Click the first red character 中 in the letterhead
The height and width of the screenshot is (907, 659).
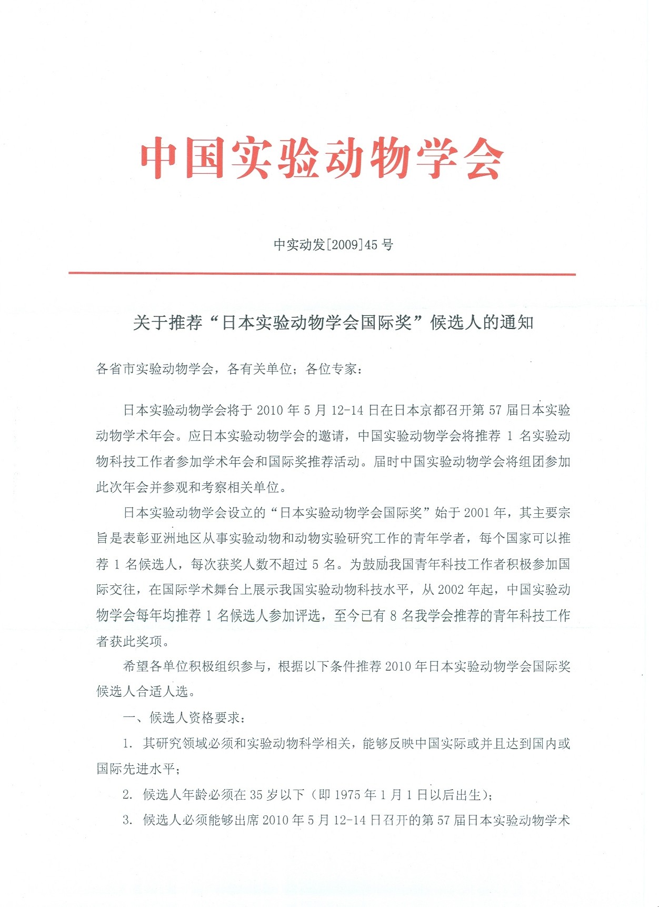click(161, 158)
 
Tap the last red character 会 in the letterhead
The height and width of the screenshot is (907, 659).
click(482, 158)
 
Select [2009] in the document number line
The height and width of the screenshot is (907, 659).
click(345, 245)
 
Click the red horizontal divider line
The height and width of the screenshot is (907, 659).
click(322, 274)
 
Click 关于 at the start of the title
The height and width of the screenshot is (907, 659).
click(150, 322)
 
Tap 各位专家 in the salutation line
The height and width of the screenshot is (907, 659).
click(331, 368)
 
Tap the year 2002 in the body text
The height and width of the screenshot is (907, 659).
click(451, 590)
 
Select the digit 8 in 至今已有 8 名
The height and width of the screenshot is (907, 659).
click(393, 616)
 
